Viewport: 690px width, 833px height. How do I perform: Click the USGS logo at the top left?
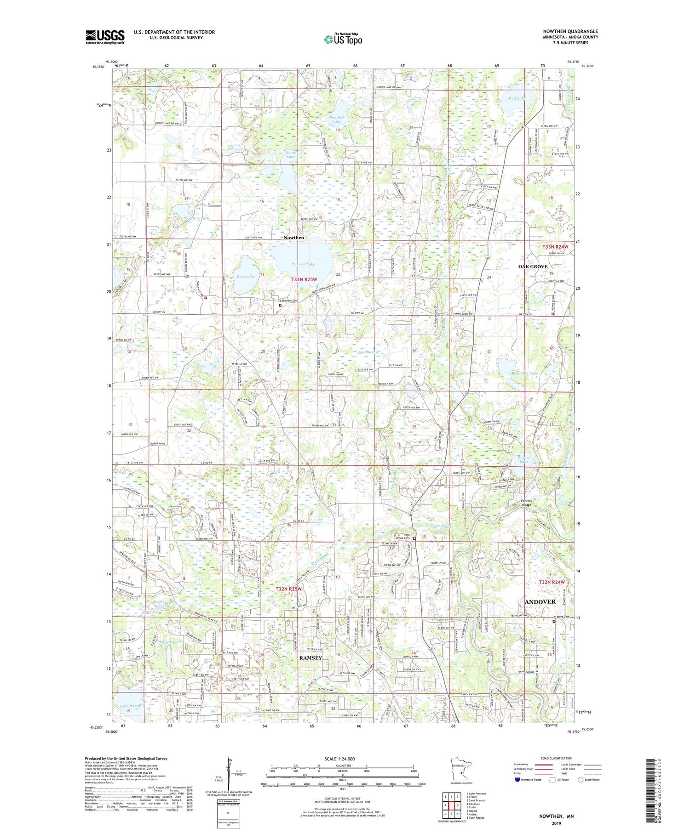click(105, 37)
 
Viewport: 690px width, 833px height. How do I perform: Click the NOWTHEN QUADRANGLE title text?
click(570, 31)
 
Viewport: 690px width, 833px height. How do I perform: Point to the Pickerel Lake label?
click(303, 264)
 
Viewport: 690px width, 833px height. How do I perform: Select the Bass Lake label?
click(245, 277)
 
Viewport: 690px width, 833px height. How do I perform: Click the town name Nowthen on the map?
click(293, 238)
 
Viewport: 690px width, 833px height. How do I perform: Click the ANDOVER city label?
click(540, 601)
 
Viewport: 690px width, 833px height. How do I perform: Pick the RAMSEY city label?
click(310, 658)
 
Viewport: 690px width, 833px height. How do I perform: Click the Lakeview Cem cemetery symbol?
click(280, 305)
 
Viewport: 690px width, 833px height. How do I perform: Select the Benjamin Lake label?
click(524, 374)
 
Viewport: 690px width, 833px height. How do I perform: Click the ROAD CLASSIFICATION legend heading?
click(557, 758)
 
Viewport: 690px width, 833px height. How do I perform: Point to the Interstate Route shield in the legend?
click(517, 779)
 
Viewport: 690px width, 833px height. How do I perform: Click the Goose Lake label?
click(290, 154)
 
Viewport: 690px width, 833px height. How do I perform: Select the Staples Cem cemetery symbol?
click(554, 621)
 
